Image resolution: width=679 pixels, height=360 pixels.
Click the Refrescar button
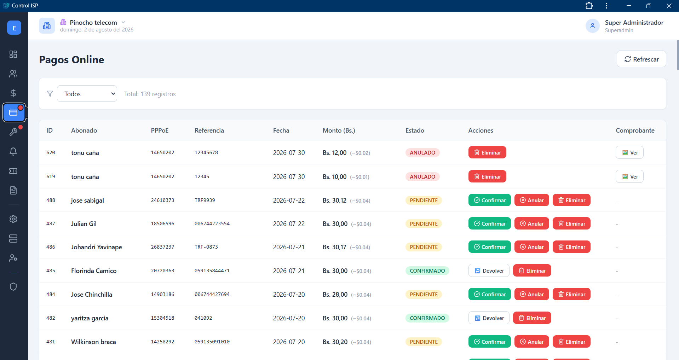[641, 59]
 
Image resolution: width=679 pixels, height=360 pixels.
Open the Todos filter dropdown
[87, 94]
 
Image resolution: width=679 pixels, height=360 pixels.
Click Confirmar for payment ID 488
[489, 200]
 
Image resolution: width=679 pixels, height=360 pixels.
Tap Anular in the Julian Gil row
[531, 223]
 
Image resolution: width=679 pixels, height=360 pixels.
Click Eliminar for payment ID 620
[487, 152]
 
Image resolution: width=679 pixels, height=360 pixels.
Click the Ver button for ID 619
[629, 176]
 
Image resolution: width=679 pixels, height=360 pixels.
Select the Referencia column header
[209, 130]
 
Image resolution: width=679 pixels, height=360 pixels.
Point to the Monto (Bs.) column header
[339, 130]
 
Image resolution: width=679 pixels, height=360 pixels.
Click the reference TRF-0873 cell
[206, 247]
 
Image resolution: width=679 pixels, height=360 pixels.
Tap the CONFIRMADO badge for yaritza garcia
[427, 318]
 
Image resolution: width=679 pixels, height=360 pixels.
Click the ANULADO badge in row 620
[422, 152]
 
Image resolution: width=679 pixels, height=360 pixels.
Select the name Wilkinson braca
[93, 342]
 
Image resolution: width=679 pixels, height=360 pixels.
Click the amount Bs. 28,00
[335, 294]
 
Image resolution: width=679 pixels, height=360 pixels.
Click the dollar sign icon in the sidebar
[13, 93]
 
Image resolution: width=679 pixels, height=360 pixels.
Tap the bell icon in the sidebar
[13, 151]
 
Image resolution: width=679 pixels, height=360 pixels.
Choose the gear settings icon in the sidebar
[13, 219]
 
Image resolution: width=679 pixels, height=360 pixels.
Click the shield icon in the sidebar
[13, 286]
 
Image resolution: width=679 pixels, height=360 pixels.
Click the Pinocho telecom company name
[93, 22]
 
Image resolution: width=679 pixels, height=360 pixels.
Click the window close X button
[669, 6]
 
